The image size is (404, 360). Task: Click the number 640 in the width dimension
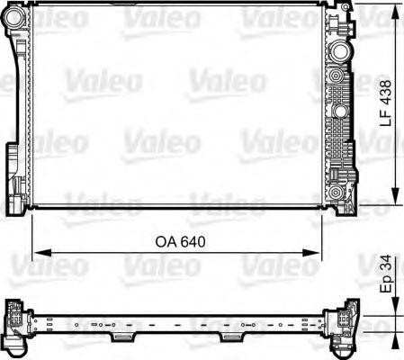191,241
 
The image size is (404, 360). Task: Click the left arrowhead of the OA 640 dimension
37,252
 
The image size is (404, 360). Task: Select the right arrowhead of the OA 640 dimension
316,252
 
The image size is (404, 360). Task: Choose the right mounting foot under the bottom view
229,337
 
